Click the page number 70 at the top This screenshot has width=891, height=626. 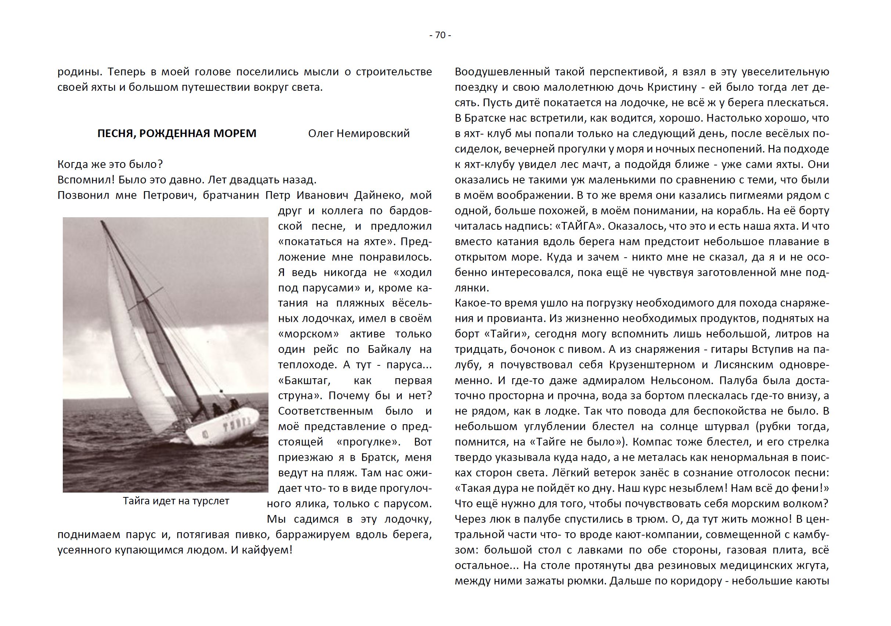[440, 35]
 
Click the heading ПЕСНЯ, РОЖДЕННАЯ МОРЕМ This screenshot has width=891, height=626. [177, 133]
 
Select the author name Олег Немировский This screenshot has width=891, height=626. [358, 133]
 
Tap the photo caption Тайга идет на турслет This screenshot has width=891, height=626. [176, 501]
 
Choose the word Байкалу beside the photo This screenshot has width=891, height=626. [389, 350]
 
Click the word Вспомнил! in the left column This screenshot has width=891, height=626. [86, 180]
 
